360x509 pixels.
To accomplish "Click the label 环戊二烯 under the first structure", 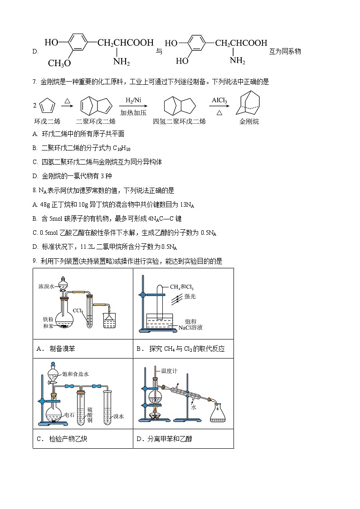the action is pos(47,121).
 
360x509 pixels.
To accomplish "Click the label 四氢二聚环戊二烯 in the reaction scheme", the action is pos(179,121).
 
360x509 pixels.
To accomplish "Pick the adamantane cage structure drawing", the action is pos(249,104).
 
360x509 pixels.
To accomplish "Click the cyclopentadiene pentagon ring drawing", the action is pos(48,106).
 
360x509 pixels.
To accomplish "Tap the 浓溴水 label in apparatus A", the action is pos(47,287).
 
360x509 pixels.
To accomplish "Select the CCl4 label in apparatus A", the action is pos(78,310).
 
